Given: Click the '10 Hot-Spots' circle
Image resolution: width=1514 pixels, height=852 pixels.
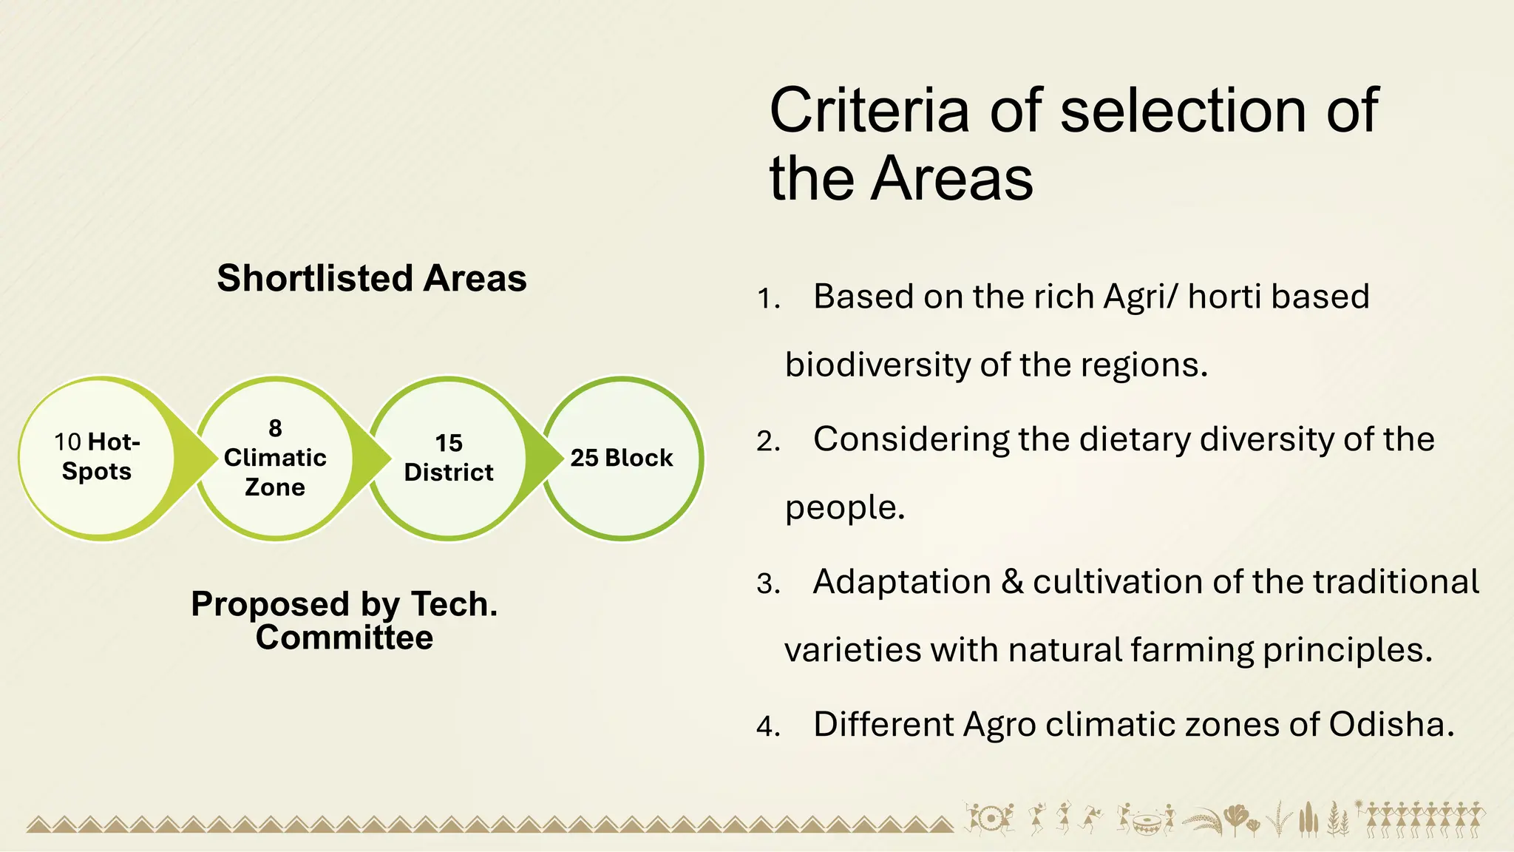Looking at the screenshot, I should [x=97, y=458].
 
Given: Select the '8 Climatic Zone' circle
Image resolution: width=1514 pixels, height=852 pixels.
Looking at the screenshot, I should [x=275, y=458].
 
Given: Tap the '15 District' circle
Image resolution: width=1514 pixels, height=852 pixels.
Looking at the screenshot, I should [x=449, y=458].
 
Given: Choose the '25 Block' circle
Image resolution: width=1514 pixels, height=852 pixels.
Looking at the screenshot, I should [x=622, y=458].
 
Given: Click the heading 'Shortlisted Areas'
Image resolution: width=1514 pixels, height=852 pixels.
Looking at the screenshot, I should [x=372, y=279].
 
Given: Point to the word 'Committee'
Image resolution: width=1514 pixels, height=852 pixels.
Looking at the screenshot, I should [x=344, y=638].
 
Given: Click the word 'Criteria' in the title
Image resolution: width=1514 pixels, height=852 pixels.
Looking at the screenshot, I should [x=869, y=110].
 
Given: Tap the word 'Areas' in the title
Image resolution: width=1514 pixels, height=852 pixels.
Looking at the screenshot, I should [x=952, y=178].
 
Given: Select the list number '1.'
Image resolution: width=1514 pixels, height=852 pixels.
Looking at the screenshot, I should [x=769, y=299].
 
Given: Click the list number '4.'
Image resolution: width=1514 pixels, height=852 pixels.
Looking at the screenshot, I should [x=769, y=726].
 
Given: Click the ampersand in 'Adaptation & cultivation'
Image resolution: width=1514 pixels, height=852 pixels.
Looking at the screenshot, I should [x=1012, y=582].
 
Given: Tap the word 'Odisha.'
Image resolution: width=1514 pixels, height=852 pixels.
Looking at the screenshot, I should [x=1391, y=724].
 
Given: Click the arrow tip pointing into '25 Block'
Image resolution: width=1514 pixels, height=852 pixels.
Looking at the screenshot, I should [x=560, y=458].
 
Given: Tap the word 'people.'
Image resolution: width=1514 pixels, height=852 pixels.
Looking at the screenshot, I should [x=845, y=508].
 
